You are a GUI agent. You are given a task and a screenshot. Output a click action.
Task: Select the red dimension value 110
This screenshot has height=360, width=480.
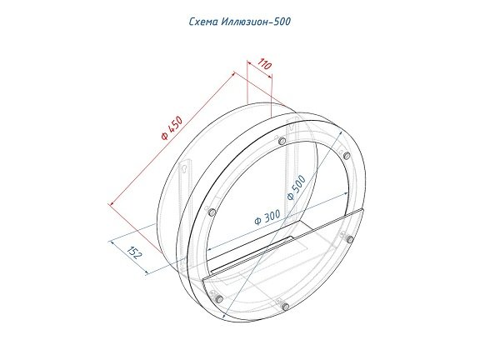pos(264,64)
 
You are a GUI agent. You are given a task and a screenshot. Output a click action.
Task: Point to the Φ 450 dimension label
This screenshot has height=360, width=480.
pos(172,127)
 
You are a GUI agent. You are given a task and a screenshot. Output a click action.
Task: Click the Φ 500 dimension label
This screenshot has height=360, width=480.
pos(296,187)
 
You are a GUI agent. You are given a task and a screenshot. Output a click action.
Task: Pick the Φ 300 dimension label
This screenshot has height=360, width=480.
pos(267,217)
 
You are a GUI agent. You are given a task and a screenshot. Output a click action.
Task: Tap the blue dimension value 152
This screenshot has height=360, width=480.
pos(135,252)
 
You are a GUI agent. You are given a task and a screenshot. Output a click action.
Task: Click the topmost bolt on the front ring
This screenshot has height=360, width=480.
pos(282,141)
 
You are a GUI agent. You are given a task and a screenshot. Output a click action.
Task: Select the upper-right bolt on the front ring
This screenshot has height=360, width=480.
pos(347,156)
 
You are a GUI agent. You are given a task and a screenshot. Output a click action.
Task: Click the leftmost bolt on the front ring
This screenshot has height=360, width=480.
pos(212,212)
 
